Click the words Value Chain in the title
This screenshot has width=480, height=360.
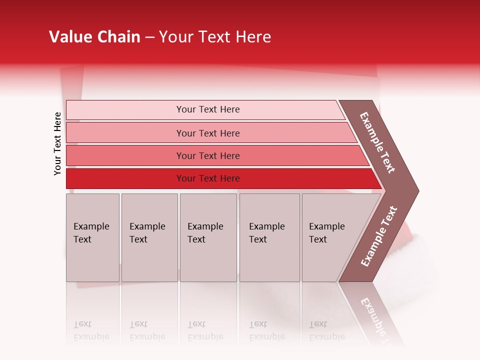click(94, 37)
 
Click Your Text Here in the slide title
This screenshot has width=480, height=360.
click(215, 37)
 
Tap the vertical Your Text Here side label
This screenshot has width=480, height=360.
click(57, 144)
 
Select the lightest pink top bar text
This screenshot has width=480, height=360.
click(208, 109)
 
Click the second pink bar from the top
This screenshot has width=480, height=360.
click(208, 133)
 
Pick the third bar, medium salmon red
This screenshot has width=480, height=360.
click(208, 155)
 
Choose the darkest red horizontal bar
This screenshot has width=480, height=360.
click(208, 178)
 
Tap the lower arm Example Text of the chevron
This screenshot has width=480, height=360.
click(379, 236)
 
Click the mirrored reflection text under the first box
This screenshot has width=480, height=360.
click(91, 330)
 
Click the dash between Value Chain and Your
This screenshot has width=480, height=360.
click(149, 37)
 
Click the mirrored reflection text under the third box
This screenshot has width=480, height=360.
click(205, 330)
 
